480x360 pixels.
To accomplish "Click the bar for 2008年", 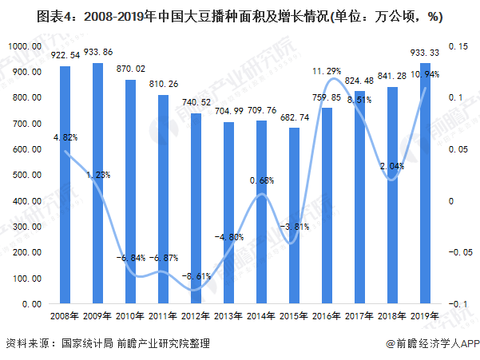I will tap(65, 184).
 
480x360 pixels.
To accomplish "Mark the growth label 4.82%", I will tap(65, 137).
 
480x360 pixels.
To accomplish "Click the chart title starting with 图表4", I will tap(240, 16).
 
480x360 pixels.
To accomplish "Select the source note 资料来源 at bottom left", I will tap(108, 343).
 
